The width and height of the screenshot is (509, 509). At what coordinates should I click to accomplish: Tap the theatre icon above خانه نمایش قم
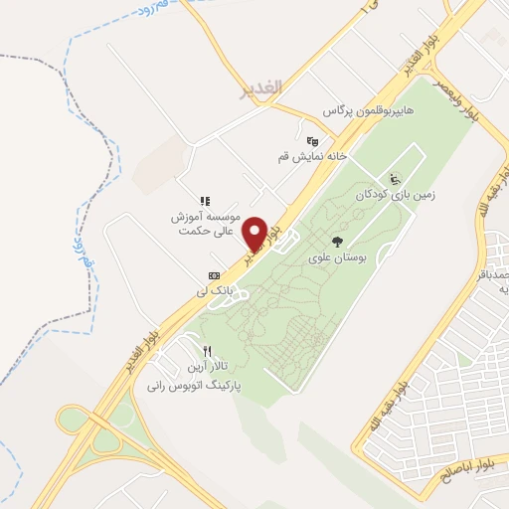312,140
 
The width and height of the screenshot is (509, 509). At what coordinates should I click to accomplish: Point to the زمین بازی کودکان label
395,196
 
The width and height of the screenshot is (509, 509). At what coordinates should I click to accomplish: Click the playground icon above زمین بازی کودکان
396,179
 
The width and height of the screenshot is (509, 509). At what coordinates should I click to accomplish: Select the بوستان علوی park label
337,258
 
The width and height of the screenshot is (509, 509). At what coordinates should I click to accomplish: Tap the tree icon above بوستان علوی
337,242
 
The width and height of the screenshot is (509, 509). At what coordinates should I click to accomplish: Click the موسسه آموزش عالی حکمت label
206,223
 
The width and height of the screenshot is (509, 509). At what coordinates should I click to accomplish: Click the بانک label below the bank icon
214,292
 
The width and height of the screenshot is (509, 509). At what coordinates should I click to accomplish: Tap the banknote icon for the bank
214,275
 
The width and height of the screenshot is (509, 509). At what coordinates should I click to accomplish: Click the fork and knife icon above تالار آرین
208,350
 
